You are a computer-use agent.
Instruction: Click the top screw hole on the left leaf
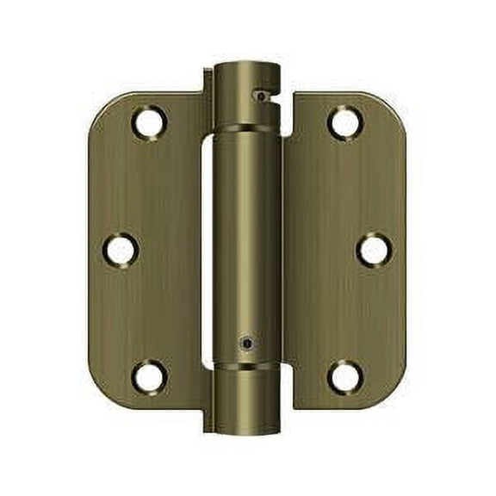point(148,122)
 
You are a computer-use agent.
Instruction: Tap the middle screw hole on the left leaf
point(120,250)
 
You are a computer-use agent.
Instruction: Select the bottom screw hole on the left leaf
point(148,376)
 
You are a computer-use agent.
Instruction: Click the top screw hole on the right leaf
point(345,122)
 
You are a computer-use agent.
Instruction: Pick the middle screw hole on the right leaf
point(374,250)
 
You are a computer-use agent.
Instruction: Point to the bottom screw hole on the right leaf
point(345,376)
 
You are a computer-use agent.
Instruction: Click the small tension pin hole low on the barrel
point(248,342)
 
